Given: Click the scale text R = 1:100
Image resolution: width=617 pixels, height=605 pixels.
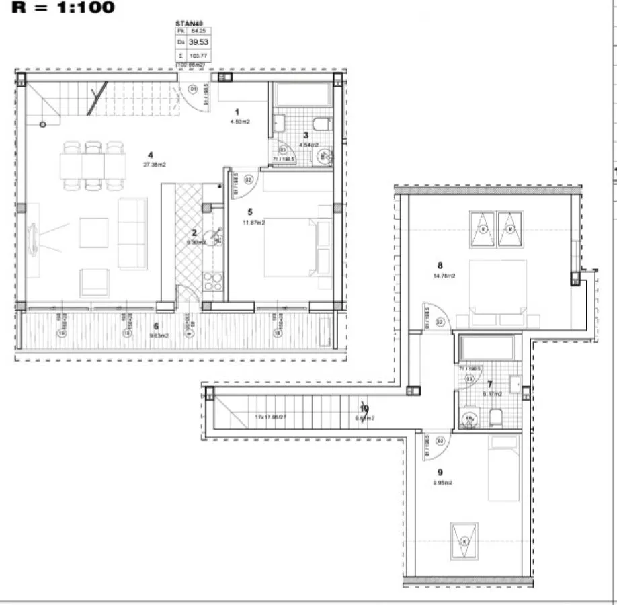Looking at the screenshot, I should (x=63, y=8).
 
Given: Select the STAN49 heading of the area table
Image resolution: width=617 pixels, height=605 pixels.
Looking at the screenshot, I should (x=188, y=22).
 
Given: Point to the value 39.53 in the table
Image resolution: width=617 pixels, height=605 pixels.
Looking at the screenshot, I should (x=198, y=42).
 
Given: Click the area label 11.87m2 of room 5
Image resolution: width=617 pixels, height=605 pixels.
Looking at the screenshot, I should (x=254, y=223).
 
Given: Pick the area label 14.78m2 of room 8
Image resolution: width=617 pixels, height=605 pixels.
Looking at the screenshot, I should (x=444, y=276).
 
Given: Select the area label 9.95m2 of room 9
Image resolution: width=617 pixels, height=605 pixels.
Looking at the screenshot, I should (x=444, y=483).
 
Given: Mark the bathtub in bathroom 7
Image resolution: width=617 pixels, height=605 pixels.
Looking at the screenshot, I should (x=487, y=348).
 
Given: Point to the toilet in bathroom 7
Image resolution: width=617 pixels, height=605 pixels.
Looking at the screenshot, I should (x=496, y=418).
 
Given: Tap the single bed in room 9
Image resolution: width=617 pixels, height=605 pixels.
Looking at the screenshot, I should (x=503, y=468).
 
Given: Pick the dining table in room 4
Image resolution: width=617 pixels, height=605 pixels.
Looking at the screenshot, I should (x=93, y=165).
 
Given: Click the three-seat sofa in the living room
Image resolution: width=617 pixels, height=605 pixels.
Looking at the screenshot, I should (x=132, y=233).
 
